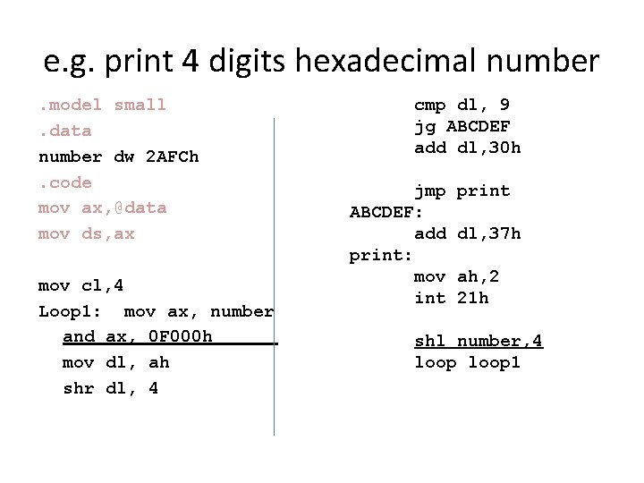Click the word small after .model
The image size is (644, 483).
click(x=140, y=105)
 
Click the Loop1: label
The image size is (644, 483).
click(x=71, y=311)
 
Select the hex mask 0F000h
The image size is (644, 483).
click(x=181, y=336)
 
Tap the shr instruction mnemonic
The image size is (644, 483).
click(x=79, y=388)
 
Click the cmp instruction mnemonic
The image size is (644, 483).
click(x=429, y=105)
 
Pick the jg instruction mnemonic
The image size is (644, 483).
click(x=424, y=126)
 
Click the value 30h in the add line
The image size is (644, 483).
click(x=504, y=148)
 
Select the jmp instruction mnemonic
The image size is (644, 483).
click(x=429, y=191)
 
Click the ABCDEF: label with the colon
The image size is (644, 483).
click(x=386, y=212)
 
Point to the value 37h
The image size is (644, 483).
click(x=504, y=233)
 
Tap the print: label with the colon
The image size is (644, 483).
click(x=381, y=255)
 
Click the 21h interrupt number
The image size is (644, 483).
click(x=472, y=298)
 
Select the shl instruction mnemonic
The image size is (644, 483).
click(x=429, y=341)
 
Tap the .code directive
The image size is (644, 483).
click(x=65, y=182)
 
